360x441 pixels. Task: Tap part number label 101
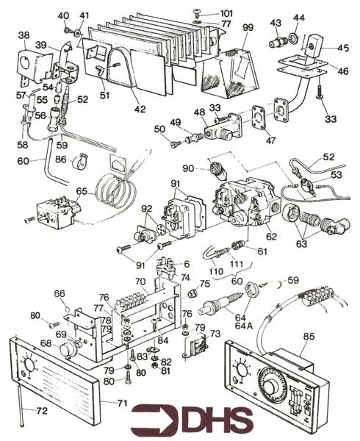pos(226,13)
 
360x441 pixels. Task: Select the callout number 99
pos(248,28)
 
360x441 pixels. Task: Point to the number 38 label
pos(24,35)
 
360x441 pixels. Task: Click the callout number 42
pos(140,109)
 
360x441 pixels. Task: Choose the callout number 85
pos(309,337)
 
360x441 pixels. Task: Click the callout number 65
pos(82,191)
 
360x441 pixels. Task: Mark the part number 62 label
pos(272,237)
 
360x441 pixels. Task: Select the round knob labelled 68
pos(67,348)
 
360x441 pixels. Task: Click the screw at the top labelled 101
pos(196,12)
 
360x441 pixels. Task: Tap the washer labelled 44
pos(294,37)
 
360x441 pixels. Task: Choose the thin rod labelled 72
pos(21,405)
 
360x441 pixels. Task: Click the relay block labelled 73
pos(196,348)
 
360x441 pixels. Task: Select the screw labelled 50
pos(175,144)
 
